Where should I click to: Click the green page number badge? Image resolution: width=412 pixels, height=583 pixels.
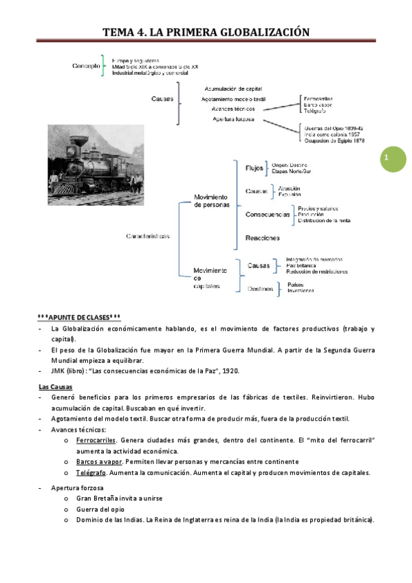[x=387, y=157]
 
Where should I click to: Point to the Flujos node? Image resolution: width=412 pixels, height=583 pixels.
[x=253, y=168]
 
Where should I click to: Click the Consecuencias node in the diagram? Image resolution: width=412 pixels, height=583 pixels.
[x=267, y=214]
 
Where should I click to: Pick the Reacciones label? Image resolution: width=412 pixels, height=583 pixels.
[x=262, y=238]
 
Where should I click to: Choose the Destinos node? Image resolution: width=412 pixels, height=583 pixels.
[x=259, y=289]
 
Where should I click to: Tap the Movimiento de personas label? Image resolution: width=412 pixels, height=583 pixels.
[x=210, y=201]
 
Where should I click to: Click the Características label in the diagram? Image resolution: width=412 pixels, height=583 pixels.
[x=147, y=236]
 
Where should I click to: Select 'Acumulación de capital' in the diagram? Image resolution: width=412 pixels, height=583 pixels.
[x=233, y=89]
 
